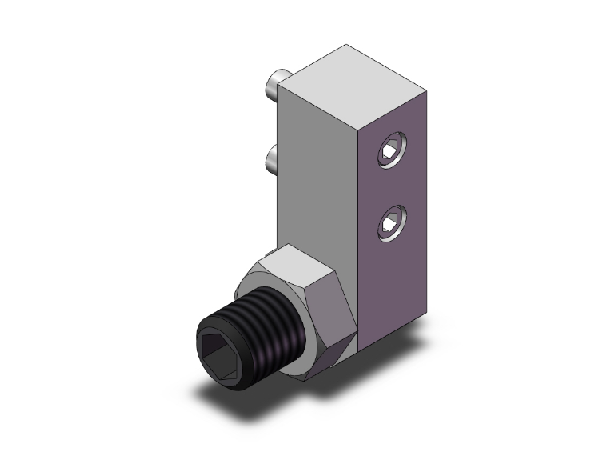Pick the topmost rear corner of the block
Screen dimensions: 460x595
[345, 46]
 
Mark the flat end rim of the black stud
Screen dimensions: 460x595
[205, 353]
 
